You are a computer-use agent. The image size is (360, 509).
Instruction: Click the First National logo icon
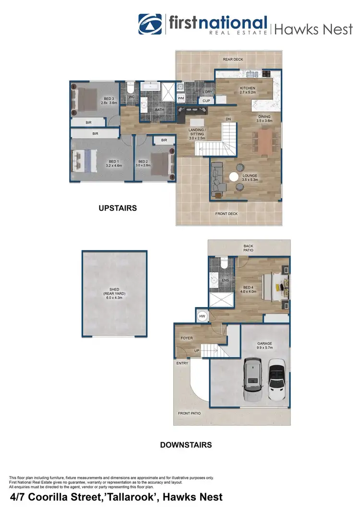click(151, 24)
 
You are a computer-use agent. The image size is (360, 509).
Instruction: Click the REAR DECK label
click(233, 59)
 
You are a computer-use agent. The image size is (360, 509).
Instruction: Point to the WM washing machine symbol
click(181, 98)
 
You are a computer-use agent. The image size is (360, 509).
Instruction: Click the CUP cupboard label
click(206, 101)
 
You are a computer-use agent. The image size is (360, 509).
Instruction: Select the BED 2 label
click(144, 162)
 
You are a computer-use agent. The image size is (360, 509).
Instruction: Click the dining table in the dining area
click(265, 142)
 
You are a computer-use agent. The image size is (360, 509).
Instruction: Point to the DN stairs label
click(228, 119)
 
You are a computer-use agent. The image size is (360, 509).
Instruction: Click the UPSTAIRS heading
click(118, 208)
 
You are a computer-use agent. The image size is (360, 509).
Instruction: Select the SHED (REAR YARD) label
click(114, 293)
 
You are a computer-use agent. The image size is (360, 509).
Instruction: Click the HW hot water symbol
click(202, 316)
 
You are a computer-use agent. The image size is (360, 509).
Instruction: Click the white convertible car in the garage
click(277, 383)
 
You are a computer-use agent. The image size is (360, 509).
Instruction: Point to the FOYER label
click(187, 338)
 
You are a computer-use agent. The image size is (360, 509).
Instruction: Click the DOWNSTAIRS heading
click(186, 445)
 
